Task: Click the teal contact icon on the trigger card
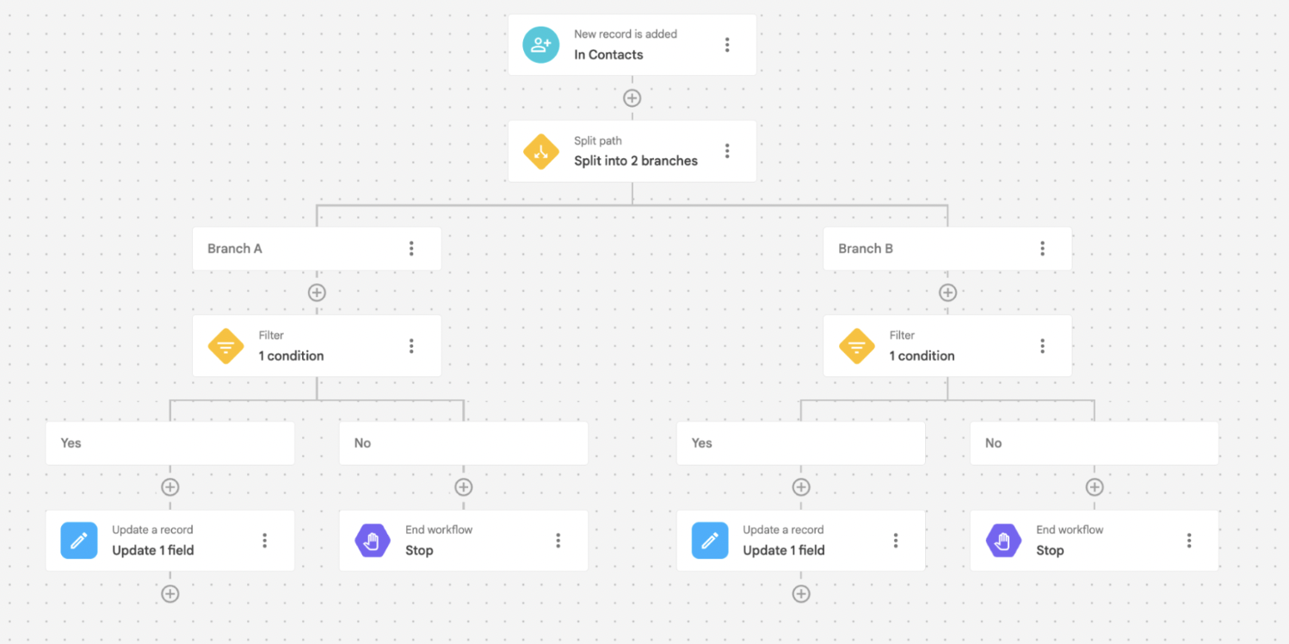pyautogui.click(x=540, y=45)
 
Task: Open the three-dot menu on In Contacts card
pyautogui.click(x=727, y=45)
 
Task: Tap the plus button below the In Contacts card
pyautogui.click(x=632, y=98)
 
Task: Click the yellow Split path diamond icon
pyautogui.click(x=540, y=152)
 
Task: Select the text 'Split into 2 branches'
pyautogui.click(x=635, y=161)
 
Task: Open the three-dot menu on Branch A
pyautogui.click(x=411, y=249)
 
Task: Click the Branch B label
pyautogui.click(x=865, y=249)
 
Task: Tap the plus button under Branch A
pyautogui.click(x=317, y=293)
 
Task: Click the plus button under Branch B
pyautogui.click(x=947, y=293)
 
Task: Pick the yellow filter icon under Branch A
pyautogui.click(x=225, y=346)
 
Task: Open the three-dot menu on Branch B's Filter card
pyautogui.click(x=1042, y=346)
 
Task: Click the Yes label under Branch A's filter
pyautogui.click(x=71, y=443)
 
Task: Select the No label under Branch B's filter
pyautogui.click(x=993, y=443)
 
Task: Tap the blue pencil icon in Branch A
pyautogui.click(x=79, y=541)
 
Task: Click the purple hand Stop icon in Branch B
pyautogui.click(x=1003, y=541)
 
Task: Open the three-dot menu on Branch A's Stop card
pyautogui.click(x=558, y=541)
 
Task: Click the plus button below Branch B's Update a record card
pyautogui.click(x=801, y=594)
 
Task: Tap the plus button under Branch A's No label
pyautogui.click(x=464, y=487)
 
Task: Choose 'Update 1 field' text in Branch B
pyautogui.click(x=783, y=550)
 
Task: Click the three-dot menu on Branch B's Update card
pyautogui.click(x=896, y=541)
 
